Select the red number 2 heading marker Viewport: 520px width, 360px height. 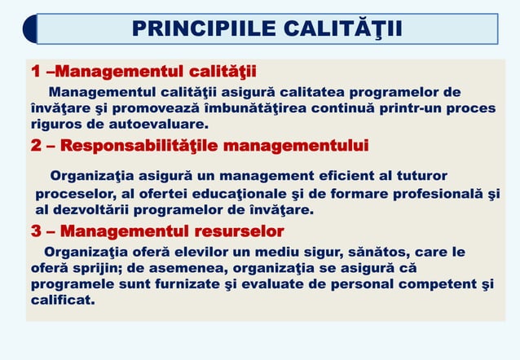tap(37, 146)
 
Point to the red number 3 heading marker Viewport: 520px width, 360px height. tap(37, 230)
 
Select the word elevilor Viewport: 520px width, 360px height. tap(199, 252)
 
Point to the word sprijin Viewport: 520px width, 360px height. tap(89, 268)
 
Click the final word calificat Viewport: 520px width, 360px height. tap(62, 301)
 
